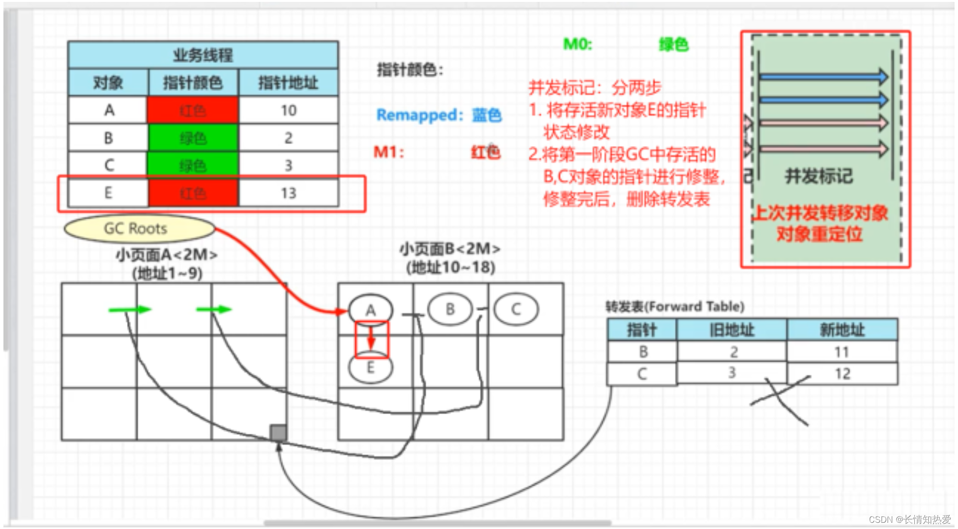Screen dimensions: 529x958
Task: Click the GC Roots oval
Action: pyautogui.click(x=138, y=228)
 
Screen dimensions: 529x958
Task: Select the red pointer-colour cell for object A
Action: pyautogui.click(x=193, y=111)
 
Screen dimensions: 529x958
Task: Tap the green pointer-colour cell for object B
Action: pyautogui.click(x=193, y=138)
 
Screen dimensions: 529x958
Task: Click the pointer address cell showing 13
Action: pyautogui.click(x=288, y=193)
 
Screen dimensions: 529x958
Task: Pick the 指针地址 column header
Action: pyautogui.click(x=288, y=83)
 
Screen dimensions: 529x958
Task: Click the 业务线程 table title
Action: pyautogui.click(x=203, y=55)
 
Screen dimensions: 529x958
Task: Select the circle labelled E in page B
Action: pyautogui.click(x=370, y=368)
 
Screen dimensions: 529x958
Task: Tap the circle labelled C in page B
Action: pyautogui.click(x=516, y=309)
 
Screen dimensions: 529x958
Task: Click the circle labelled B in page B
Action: pyautogui.click(x=450, y=309)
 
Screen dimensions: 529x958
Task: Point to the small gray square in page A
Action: pyautogui.click(x=278, y=433)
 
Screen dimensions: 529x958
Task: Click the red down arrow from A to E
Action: pyautogui.click(x=371, y=338)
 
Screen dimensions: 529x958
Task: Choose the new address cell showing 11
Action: pyautogui.click(x=842, y=352)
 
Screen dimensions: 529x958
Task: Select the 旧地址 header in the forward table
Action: pyautogui.click(x=731, y=330)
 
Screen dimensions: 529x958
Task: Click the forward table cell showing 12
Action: pyautogui.click(x=842, y=373)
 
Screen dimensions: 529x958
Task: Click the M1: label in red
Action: pyautogui.click(x=388, y=152)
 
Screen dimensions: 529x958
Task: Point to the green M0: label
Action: pyautogui.click(x=578, y=44)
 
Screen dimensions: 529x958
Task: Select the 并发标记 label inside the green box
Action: pyautogui.click(x=819, y=176)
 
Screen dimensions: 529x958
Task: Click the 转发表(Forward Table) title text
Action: pyautogui.click(x=675, y=306)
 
